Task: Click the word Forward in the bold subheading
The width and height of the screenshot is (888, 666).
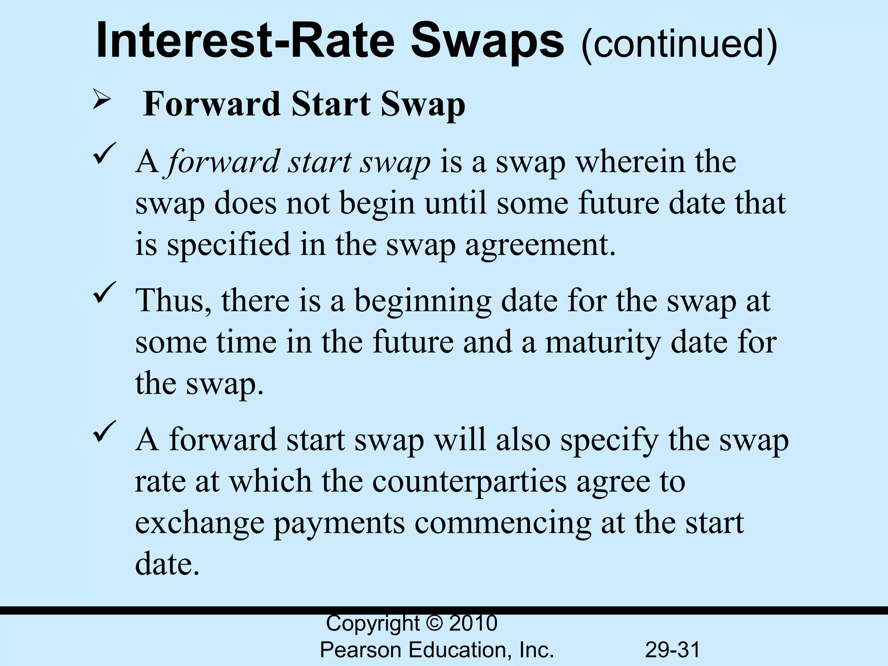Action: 212,104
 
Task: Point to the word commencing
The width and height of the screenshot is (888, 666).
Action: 503,523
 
